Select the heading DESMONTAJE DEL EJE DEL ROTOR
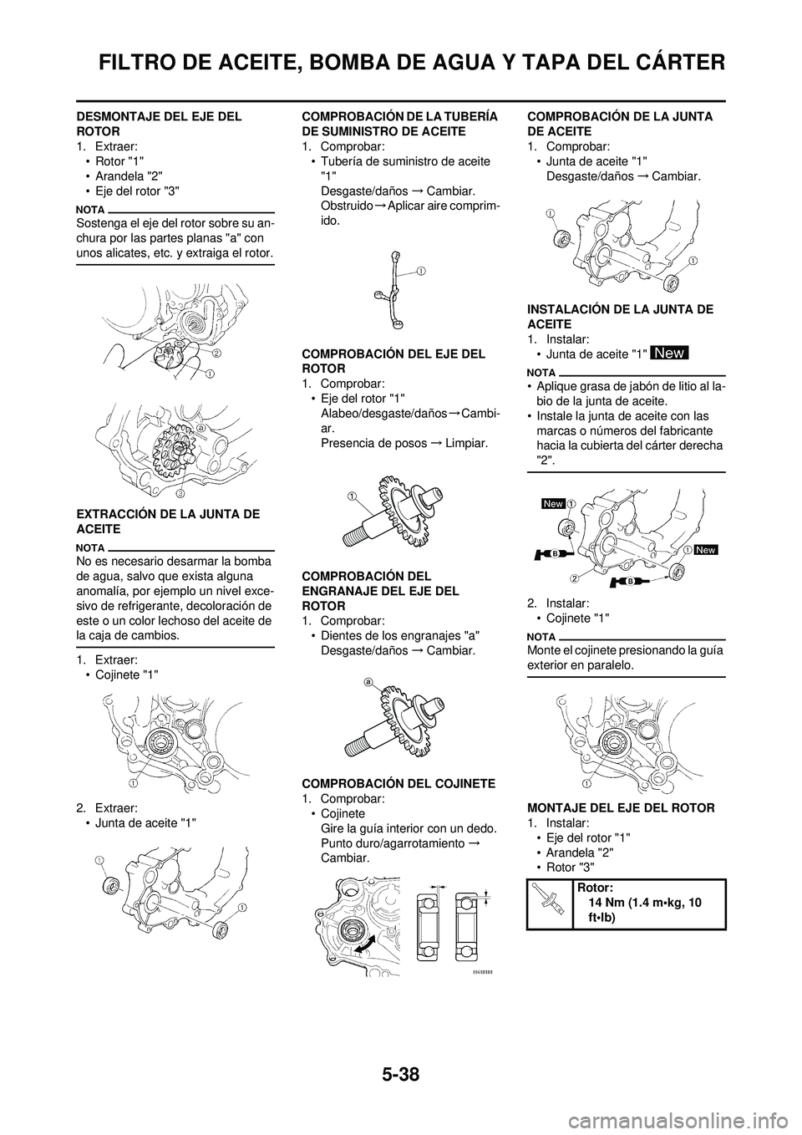pos(159,125)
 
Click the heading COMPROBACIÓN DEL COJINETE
pos(397,783)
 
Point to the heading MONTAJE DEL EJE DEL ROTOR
pos(620,807)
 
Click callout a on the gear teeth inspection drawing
pos(368,682)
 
